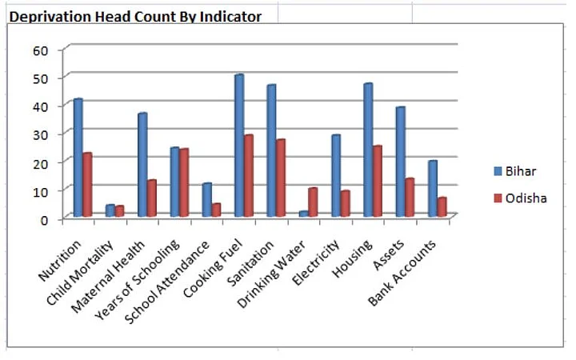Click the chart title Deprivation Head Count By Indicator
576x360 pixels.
click(x=135, y=16)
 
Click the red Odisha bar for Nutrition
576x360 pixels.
click(x=87, y=185)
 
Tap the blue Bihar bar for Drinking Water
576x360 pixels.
click(x=303, y=214)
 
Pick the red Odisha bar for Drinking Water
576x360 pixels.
click(x=313, y=202)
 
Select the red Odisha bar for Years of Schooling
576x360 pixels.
click(x=184, y=182)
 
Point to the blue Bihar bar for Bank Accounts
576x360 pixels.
click(x=432, y=189)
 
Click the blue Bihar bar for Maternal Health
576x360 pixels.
click(x=142, y=165)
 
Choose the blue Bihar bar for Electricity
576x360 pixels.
click(x=335, y=176)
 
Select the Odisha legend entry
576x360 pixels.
click(x=520, y=198)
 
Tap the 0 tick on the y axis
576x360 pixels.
click(x=45, y=218)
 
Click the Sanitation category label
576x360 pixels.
click(x=256, y=255)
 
